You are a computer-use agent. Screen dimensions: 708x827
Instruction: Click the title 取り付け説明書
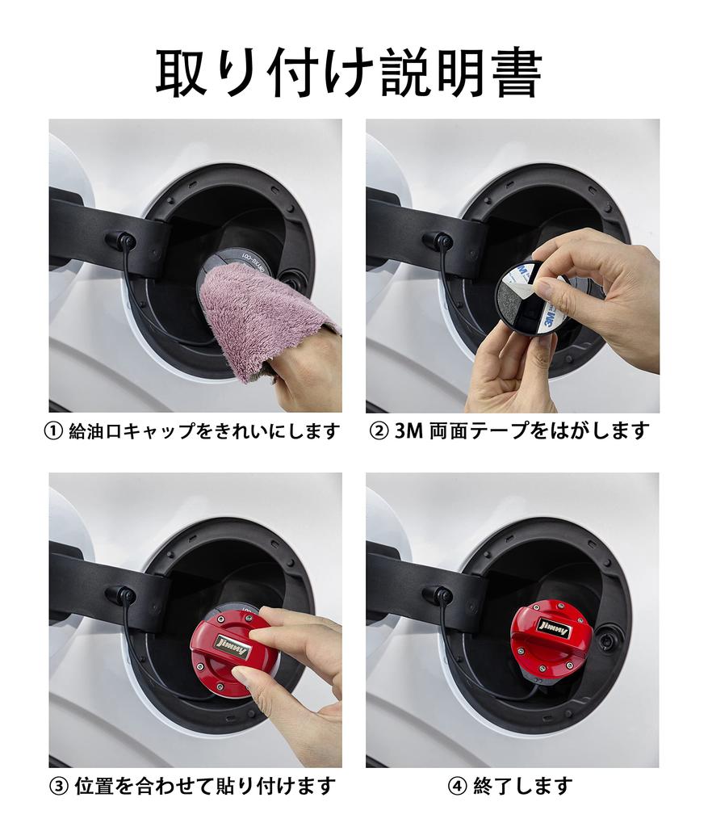coord(349,73)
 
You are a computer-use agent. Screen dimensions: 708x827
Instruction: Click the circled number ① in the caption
coord(53,431)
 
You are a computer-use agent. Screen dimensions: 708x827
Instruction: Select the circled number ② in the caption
coord(379,431)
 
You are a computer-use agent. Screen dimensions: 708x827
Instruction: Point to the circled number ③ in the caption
coord(58,786)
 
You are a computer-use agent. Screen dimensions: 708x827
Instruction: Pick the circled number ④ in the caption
coord(457,786)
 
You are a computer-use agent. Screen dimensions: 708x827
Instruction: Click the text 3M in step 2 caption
coord(408,431)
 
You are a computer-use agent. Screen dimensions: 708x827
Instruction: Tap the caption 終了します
coord(522,786)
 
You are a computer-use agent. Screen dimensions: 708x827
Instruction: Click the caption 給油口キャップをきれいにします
coord(204,431)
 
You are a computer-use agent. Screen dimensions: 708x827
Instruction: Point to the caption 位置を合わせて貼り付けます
coord(205,786)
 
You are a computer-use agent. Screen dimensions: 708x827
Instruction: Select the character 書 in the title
coord(516,73)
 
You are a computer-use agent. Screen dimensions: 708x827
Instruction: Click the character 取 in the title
coord(182,73)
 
